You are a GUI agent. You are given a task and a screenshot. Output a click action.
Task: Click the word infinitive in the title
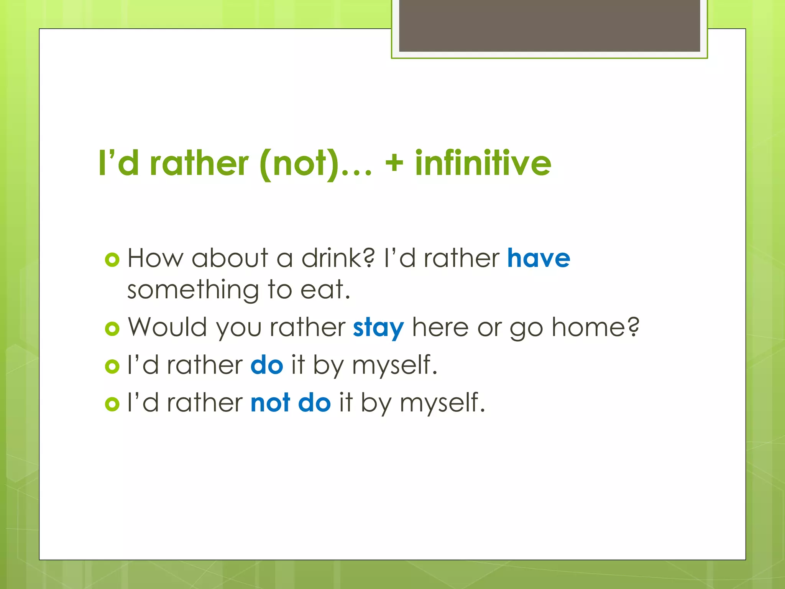[x=483, y=163]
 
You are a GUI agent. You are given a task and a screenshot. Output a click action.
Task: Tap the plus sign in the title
[x=394, y=164]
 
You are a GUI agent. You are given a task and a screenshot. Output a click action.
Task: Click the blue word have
[x=539, y=258]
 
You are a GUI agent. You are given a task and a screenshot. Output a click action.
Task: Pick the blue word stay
[x=378, y=328]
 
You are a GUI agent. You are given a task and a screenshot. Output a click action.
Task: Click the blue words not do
[x=291, y=403]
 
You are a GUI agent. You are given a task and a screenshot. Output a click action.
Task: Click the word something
[x=193, y=290]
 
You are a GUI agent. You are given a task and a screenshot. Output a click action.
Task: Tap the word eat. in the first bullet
[x=325, y=290]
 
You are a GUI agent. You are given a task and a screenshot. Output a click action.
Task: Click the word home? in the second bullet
[x=595, y=327]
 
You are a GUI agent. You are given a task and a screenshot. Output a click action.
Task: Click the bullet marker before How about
[x=112, y=260]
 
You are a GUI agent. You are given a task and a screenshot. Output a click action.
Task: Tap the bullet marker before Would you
[x=112, y=329]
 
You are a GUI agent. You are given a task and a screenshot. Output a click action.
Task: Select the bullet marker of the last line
[x=112, y=404]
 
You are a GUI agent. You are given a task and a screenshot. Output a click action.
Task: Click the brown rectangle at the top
[x=549, y=25]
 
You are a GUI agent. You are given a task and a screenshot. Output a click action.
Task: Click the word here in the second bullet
[x=440, y=327]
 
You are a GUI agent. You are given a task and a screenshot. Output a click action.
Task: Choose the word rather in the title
[x=199, y=164]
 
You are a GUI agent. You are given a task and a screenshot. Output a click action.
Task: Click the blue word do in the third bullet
[x=267, y=365]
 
